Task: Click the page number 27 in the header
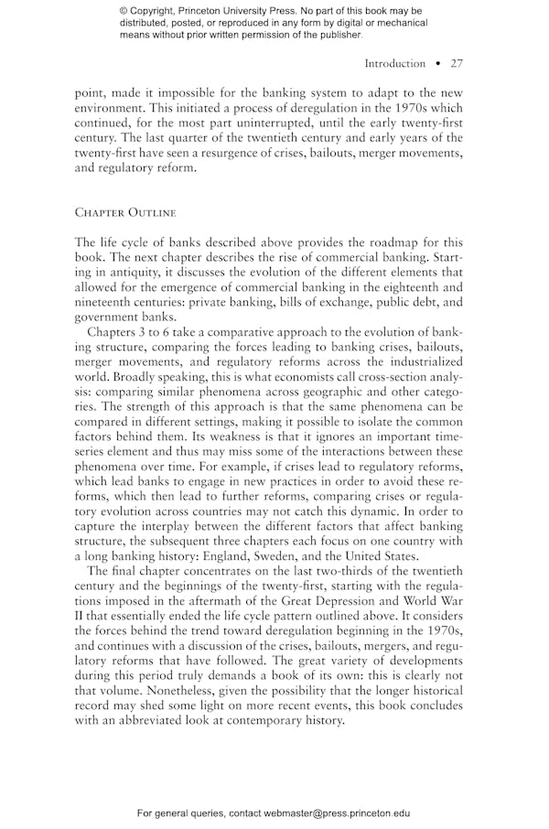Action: [457, 63]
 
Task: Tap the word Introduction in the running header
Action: [394, 63]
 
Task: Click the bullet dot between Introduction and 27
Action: [438, 63]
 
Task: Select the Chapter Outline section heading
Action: [125, 212]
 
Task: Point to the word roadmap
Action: [404, 242]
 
